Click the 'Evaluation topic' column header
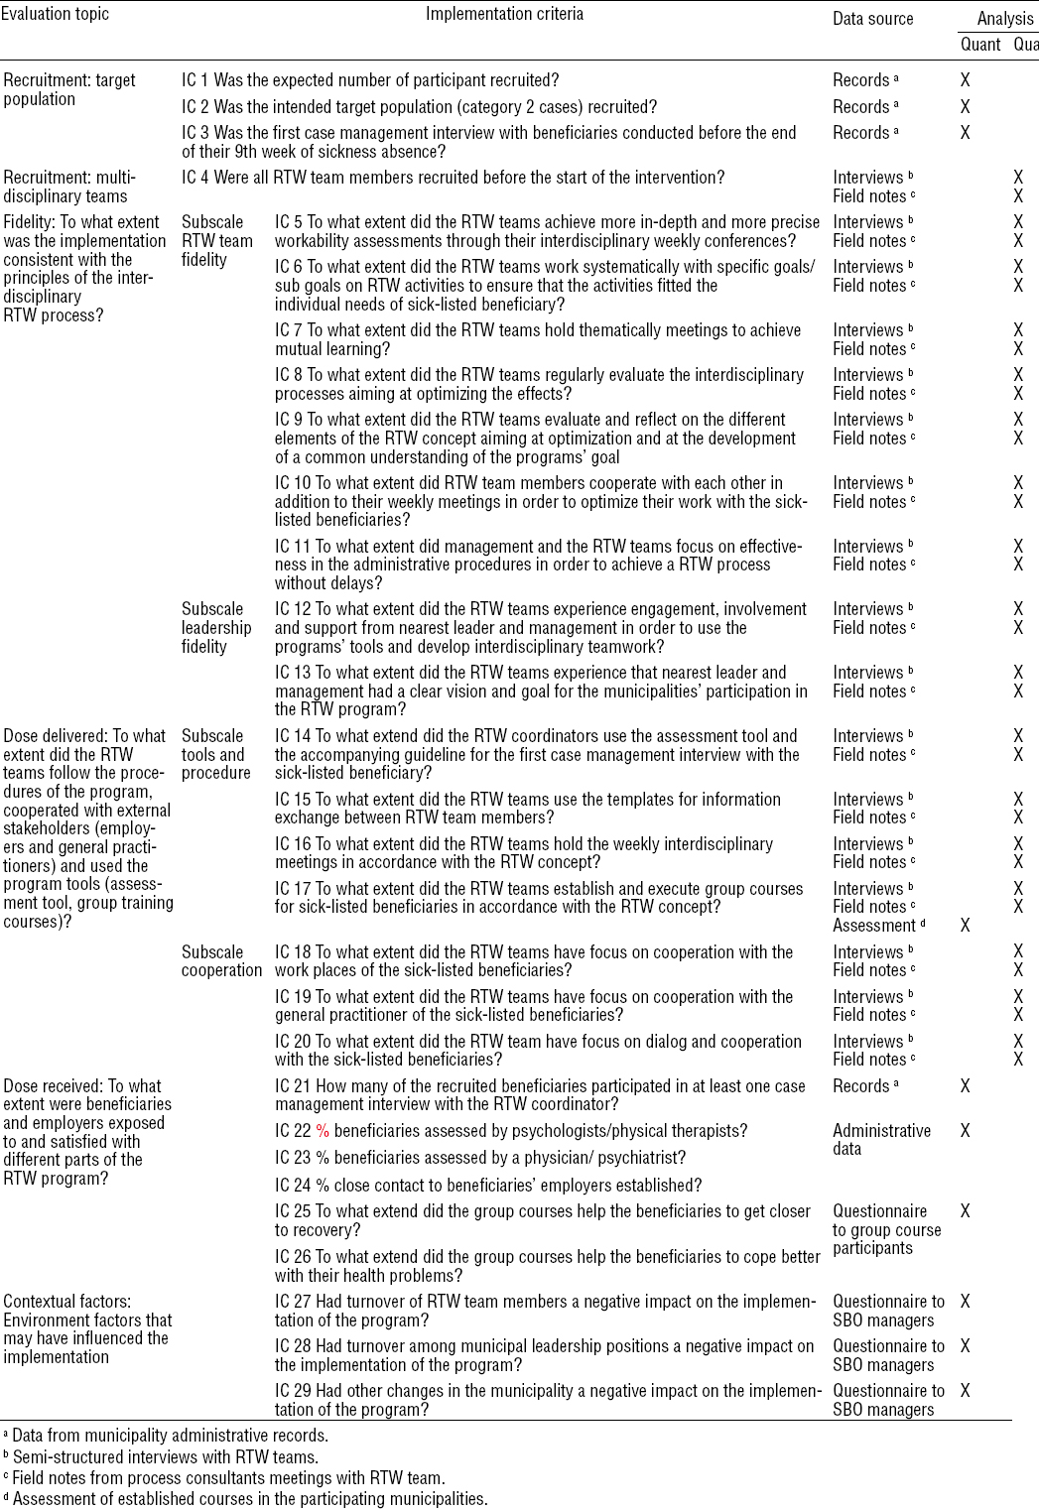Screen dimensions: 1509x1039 55,14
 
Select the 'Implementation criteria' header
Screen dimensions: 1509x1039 504,14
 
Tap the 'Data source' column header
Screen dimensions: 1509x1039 872,18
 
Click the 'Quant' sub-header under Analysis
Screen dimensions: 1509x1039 980,44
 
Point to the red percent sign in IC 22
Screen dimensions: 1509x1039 322,1131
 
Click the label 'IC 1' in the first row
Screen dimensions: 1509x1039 195,80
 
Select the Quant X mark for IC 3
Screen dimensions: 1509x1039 966,132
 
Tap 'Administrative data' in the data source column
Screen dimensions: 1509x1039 881,1140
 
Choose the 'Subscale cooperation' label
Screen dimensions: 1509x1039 221,961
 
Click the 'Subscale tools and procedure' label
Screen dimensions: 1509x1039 216,754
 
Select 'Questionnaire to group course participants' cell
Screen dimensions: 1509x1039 886,1230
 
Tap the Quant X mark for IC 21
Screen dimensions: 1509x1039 966,1086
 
